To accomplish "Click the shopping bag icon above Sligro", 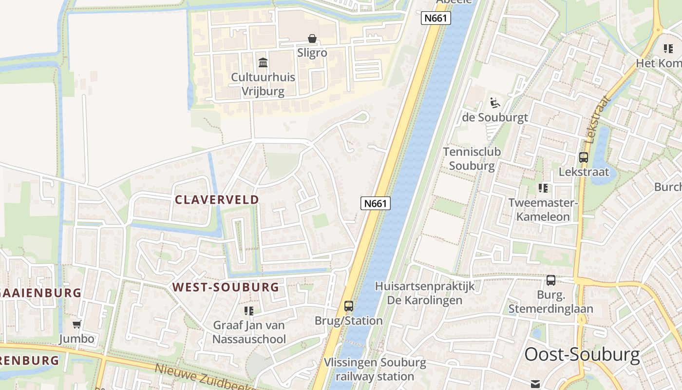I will [x=312, y=39].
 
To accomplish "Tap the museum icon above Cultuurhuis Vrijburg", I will [x=263, y=62].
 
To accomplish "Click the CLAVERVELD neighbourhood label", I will [x=217, y=199].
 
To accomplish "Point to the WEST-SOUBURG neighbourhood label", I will [x=226, y=287].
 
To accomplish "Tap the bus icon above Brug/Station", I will [x=349, y=306].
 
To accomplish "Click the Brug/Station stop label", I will [x=348, y=321].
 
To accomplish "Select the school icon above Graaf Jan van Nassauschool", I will [x=249, y=311].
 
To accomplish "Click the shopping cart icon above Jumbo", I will [x=76, y=324].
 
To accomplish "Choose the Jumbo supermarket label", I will [x=76, y=338].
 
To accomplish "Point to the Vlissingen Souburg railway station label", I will [x=375, y=370].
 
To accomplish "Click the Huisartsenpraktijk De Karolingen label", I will [x=425, y=293].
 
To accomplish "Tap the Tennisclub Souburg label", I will [x=472, y=158].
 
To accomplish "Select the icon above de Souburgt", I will [x=494, y=103].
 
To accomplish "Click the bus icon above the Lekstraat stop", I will [x=584, y=157].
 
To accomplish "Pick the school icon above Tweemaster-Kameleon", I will [x=543, y=188].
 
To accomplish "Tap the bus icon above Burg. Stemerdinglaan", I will [x=551, y=280].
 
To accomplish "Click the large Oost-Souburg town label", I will [x=582, y=354].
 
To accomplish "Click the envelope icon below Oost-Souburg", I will [x=536, y=384].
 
